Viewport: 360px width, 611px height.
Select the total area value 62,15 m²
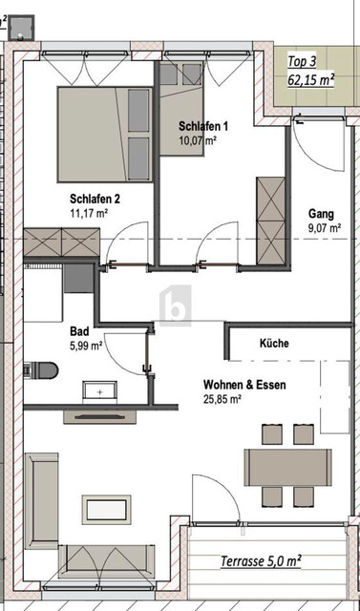[x=311, y=80]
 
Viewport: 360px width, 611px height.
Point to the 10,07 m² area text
[x=198, y=140]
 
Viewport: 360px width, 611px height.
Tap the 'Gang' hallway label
[x=321, y=213]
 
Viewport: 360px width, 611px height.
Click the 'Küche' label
[x=274, y=343]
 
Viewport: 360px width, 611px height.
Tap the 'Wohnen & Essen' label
[x=245, y=385]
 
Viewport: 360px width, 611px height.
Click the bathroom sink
[x=98, y=390]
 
